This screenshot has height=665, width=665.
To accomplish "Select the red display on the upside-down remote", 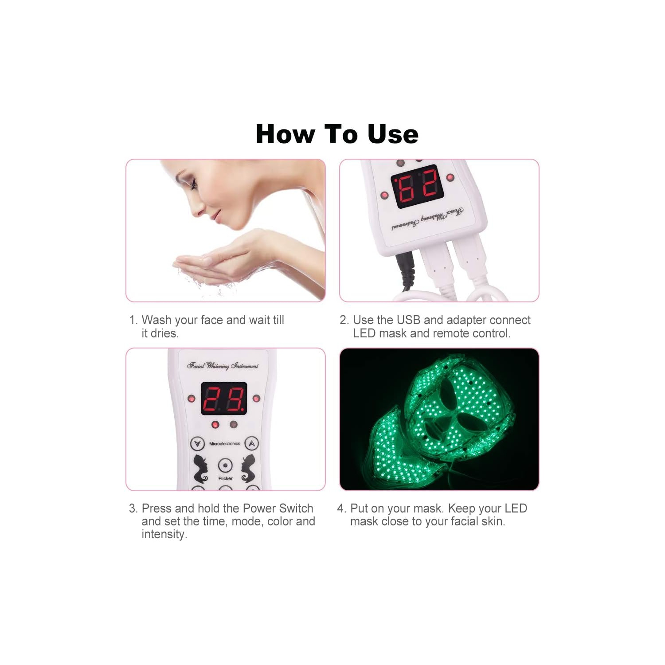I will [x=417, y=186].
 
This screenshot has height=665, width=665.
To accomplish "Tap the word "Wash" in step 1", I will [x=156, y=320].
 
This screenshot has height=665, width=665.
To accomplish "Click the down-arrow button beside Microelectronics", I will [x=197, y=443].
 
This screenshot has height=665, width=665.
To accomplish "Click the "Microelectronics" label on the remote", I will [x=224, y=444].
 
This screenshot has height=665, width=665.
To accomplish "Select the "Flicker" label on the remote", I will [x=225, y=479].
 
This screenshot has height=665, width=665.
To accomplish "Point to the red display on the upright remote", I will [x=224, y=399].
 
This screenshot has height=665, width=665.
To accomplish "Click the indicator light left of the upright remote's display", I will [x=192, y=399].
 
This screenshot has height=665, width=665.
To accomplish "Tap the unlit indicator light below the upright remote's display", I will [x=233, y=425].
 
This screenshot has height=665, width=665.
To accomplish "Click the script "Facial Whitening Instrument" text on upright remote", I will [x=223, y=366].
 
